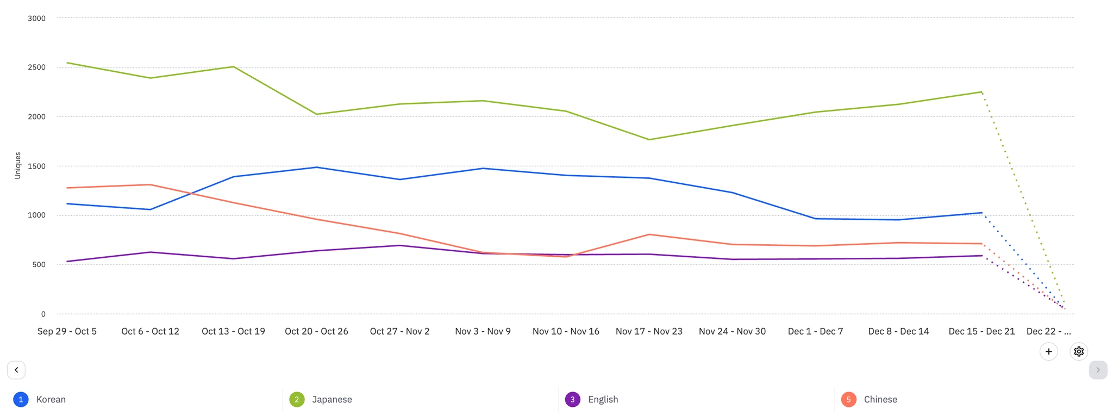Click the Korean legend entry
(51, 399)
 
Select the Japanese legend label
(332, 399)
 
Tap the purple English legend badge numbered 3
(572, 399)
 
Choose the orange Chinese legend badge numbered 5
(848, 399)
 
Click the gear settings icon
(1079, 351)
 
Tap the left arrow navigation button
(16, 370)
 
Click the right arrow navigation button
(1098, 370)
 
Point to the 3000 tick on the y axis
(36, 18)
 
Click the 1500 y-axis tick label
(36, 166)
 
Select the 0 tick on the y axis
(43, 314)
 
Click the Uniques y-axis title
(17, 165)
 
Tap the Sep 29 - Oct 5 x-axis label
(67, 331)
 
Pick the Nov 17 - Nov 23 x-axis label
(649, 331)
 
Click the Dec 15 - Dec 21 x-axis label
(981, 331)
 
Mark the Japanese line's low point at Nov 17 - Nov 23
(649, 140)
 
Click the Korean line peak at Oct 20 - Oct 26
(317, 167)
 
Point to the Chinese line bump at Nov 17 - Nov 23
(649, 234)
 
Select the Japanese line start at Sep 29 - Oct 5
(67, 63)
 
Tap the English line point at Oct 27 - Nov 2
(400, 245)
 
